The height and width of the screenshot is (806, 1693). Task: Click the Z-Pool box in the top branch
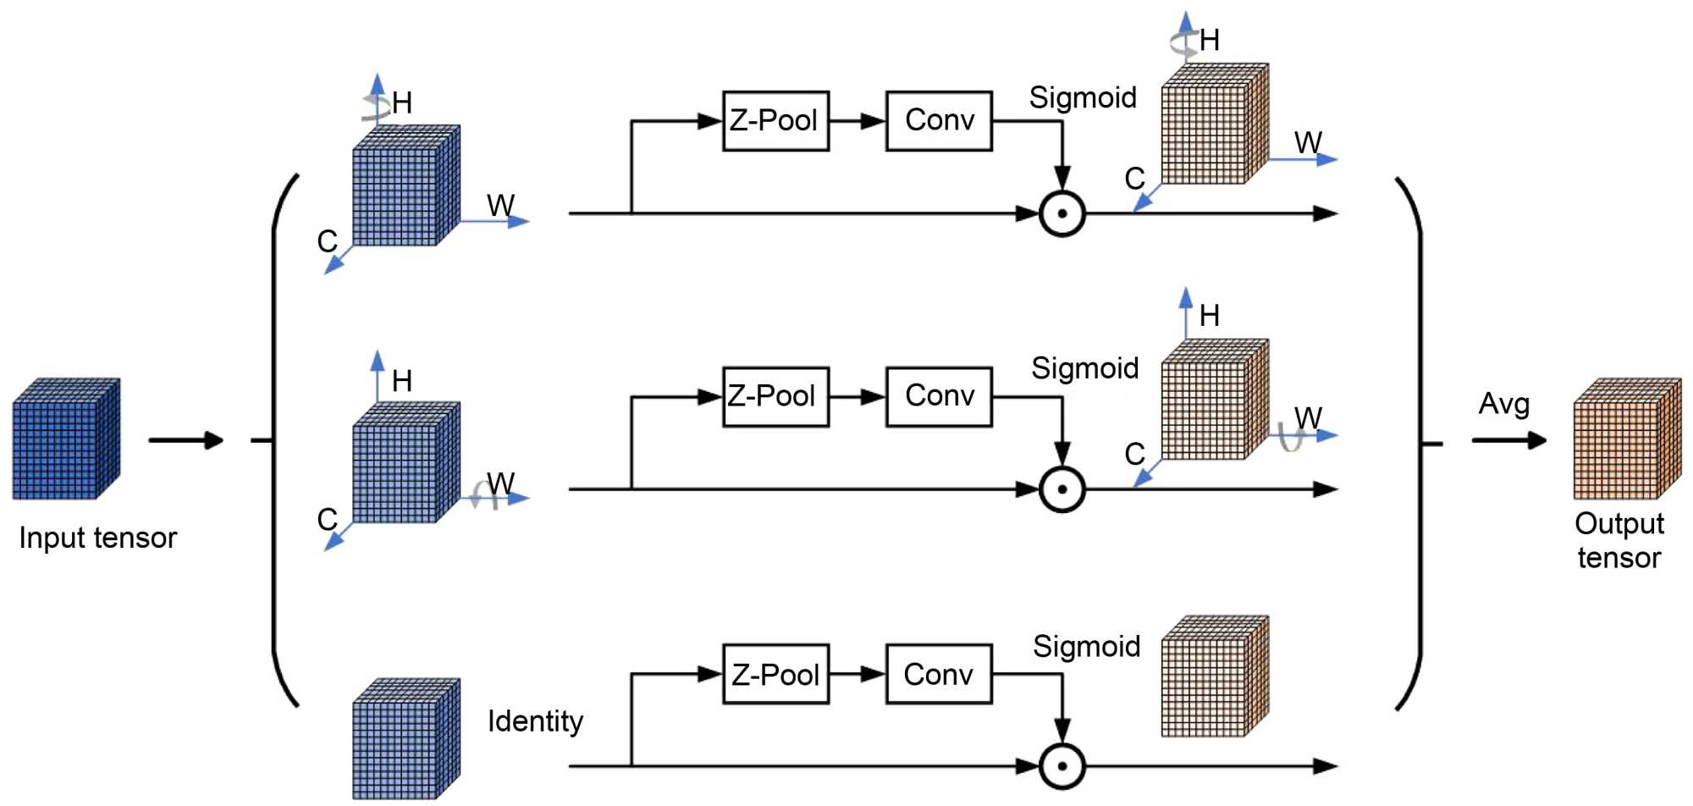tap(775, 121)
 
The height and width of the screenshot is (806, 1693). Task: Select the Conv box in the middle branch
tap(939, 396)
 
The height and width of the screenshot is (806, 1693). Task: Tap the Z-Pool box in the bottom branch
tap(775, 674)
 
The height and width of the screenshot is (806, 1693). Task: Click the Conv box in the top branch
tap(939, 121)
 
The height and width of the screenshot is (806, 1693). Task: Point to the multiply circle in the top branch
tap(1062, 213)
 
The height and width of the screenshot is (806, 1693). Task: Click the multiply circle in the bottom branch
tap(1062, 765)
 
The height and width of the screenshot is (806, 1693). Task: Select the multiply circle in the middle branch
tap(1062, 489)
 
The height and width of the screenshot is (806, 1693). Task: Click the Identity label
tap(535, 721)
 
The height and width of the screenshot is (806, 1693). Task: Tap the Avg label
tap(1503, 404)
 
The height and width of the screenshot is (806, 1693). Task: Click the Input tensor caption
tap(98, 538)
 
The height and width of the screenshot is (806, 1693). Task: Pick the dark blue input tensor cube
tap(66, 439)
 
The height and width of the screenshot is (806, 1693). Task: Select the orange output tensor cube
tap(1626, 439)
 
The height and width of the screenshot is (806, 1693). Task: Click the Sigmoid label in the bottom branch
tap(1086, 647)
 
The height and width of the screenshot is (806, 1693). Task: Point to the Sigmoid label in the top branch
tap(1083, 98)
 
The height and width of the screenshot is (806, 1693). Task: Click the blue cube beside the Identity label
tap(406, 738)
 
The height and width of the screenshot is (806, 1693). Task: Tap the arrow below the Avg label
tap(1508, 440)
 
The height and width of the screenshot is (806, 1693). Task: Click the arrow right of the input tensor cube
tap(185, 440)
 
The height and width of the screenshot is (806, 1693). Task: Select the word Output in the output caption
tap(1619, 524)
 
